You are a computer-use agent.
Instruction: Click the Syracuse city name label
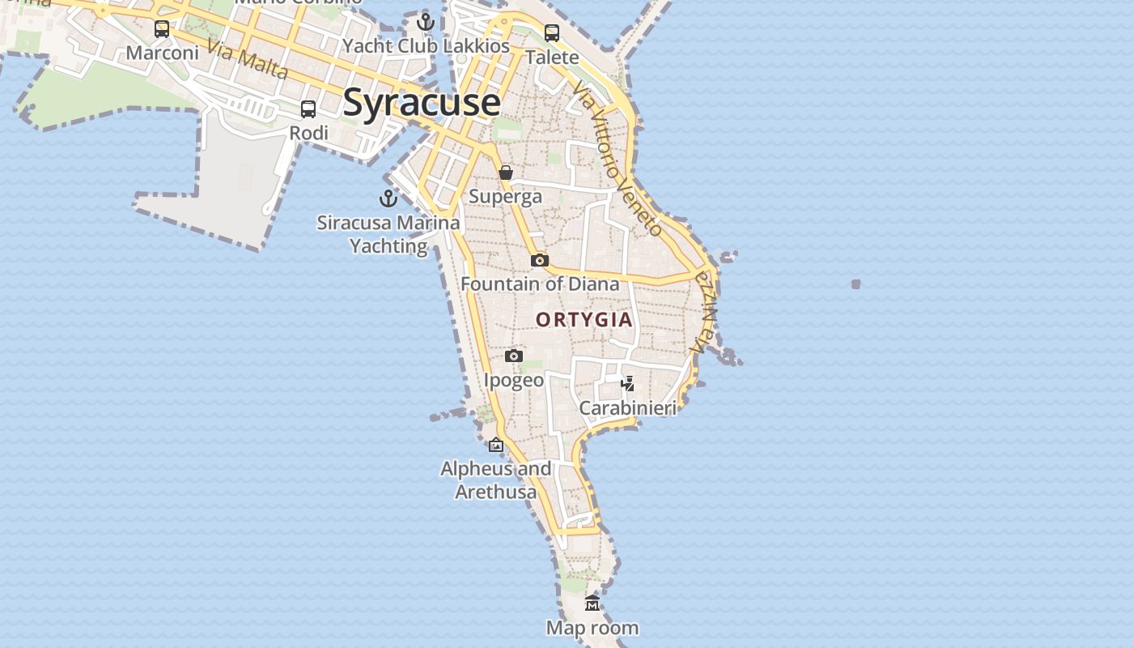click(422, 103)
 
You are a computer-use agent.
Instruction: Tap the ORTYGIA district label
click(584, 320)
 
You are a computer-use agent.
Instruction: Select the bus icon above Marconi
click(162, 29)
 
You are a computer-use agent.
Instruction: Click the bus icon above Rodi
click(308, 109)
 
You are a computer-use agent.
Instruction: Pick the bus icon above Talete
click(552, 33)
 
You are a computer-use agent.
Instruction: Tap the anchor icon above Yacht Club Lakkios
click(426, 22)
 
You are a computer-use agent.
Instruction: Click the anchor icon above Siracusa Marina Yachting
click(388, 198)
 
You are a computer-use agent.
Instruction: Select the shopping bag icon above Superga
click(506, 173)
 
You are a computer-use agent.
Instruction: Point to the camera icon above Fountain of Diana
click(540, 260)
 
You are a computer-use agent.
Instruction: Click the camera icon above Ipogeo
click(513, 356)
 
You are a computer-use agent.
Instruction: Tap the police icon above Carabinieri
click(627, 383)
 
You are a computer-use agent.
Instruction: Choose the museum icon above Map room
click(592, 603)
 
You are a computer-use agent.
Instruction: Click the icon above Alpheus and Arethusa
click(496, 445)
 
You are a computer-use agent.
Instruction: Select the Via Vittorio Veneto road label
click(617, 157)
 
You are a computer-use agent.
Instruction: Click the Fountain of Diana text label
click(540, 284)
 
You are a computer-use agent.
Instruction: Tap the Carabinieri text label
click(627, 407)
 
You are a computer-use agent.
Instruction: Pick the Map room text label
click(592, 628)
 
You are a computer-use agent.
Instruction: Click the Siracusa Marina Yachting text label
click(388, 234)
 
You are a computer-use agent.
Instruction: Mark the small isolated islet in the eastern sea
click(855, 283)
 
